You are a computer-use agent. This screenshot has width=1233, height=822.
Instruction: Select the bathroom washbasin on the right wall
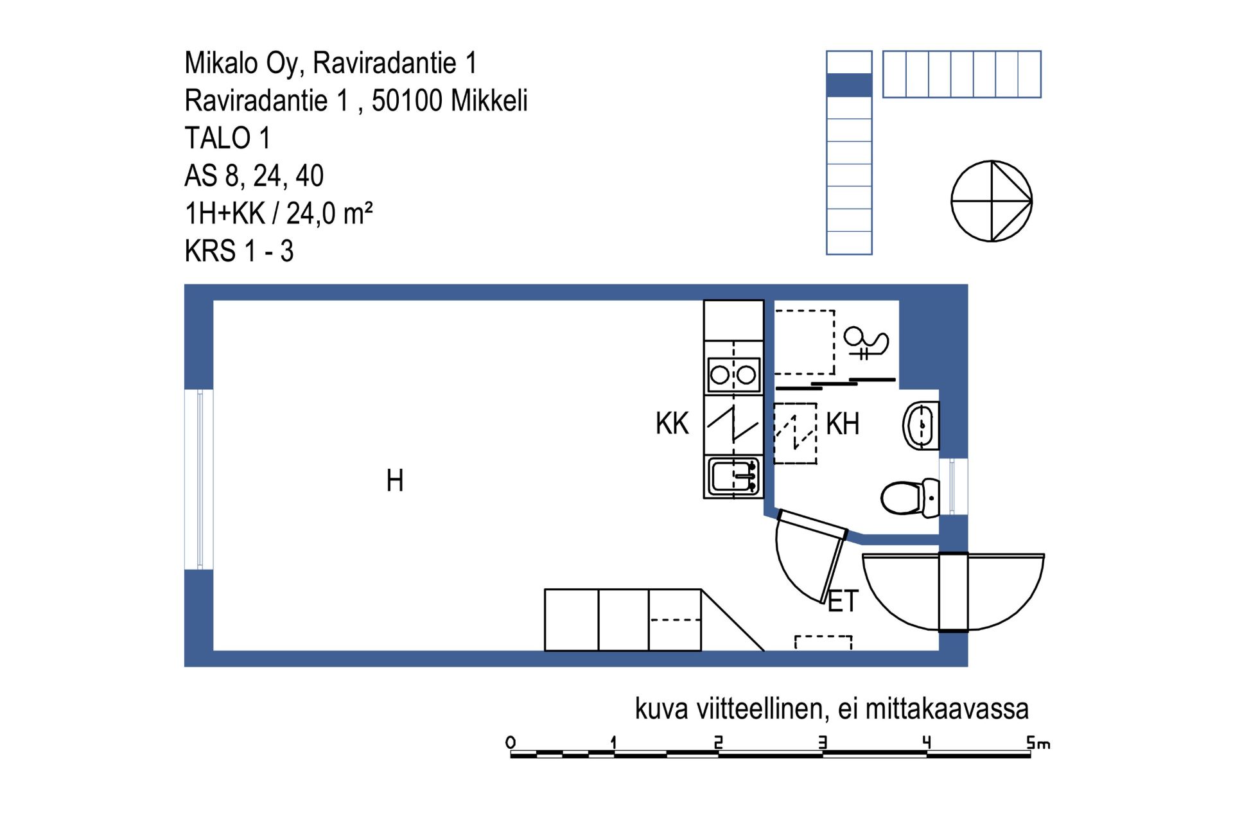point(921,425)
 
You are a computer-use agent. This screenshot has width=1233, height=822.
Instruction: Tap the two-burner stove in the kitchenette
point(733,374)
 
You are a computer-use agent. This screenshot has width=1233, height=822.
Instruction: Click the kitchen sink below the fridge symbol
point(733,477)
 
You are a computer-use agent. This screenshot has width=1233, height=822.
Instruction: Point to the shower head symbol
point(866,343)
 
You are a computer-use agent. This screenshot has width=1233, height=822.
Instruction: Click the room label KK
point(672,424)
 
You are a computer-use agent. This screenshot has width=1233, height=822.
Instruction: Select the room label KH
point(843,424)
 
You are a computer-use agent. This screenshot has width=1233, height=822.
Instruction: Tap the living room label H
point(395,480)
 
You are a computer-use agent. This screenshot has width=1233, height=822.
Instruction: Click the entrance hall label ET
point(843,601)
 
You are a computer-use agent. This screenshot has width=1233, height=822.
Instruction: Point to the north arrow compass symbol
point(992,201)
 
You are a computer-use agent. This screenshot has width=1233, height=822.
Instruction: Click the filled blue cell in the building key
point(849,85)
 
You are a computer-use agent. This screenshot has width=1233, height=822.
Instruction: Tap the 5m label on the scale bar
point(1038,743)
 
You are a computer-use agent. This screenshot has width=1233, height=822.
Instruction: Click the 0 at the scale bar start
point(511,743)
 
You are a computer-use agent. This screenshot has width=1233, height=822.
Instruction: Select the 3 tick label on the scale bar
point(823,743)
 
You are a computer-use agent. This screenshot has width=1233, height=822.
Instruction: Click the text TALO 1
point(227,138)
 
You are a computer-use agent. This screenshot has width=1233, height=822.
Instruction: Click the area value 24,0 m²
point(329,213)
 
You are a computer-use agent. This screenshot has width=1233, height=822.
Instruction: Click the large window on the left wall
point(199,479)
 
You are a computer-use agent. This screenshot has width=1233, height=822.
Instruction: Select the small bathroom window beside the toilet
point(954,486)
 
